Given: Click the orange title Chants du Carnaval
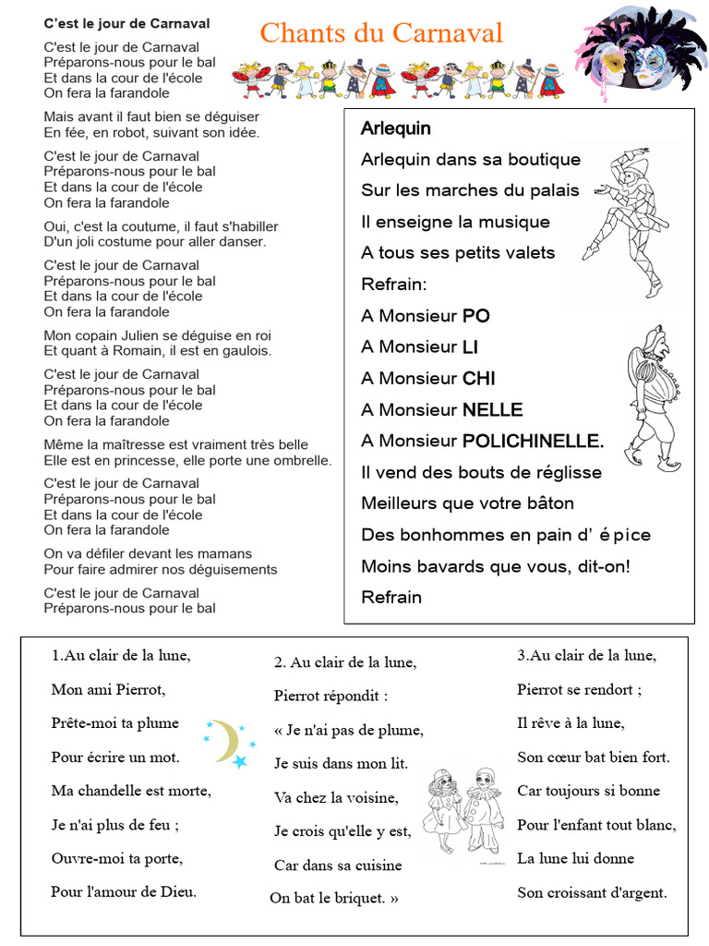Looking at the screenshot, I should coord(381,33).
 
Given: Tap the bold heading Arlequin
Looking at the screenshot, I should coord(395,128).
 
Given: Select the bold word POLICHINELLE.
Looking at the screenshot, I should coord(533,441).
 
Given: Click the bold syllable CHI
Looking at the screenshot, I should coord(479,378).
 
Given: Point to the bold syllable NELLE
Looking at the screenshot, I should coord(492,409).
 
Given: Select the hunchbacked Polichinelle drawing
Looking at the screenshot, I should coord(653,397).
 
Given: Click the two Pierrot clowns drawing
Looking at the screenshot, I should coord(462,811).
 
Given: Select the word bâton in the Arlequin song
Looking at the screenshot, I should coord(547,503).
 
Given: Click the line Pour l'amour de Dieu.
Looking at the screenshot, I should coord(124,891).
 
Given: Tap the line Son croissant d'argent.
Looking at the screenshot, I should coord(592,892).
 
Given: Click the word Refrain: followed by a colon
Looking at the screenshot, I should coord(394,284).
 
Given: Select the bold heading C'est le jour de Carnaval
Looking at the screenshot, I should coord(126,23).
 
